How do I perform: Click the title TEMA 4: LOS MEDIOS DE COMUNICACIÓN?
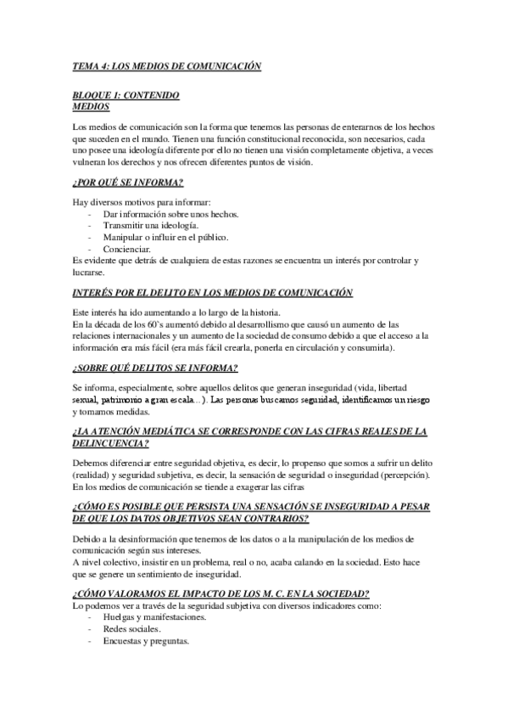[167, 65]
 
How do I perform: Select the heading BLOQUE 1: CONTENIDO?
[126, 95]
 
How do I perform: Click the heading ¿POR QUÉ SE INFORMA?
[129, 183]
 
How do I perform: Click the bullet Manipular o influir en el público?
[165, 238]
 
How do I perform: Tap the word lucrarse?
[90, 273]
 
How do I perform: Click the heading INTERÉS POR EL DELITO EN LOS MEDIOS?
[212, 293]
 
